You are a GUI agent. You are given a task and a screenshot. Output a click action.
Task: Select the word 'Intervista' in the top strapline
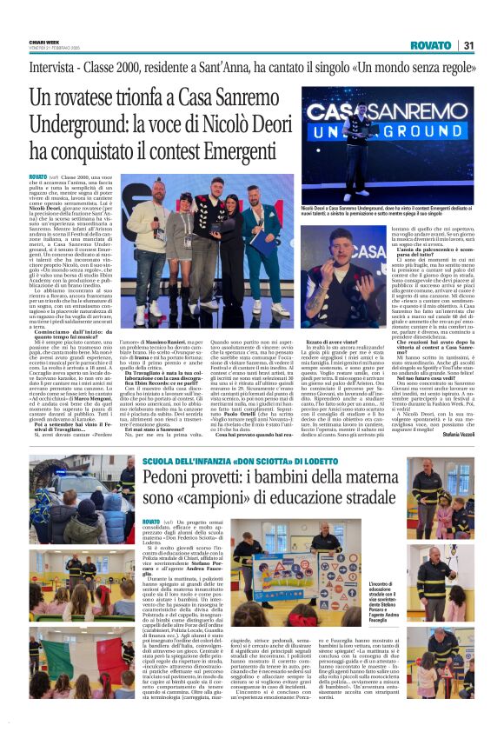coord(55,66)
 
